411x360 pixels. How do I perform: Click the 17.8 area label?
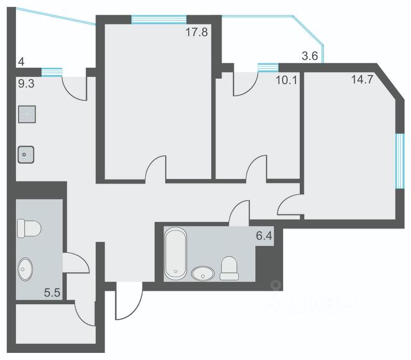coord(197,32)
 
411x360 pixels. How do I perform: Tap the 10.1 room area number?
coord(286,80)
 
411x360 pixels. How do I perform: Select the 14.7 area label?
coord(362,80)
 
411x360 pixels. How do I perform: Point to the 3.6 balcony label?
coord(310,56)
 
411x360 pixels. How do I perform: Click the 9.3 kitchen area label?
coord(26,84)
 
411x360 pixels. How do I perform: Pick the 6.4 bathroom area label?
coord(264,236)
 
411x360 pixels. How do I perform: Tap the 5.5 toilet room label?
coord(52,293)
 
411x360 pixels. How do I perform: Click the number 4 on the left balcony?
coord(21,62)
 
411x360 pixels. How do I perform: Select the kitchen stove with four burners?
coord(27,114)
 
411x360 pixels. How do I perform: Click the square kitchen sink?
coord(26,155)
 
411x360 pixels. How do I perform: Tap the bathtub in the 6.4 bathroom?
coord(175,253)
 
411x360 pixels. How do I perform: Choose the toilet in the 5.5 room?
coord(29,228)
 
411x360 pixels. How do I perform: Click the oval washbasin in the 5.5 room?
coord(25,270)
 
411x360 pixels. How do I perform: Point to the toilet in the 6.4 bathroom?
coord(229,268)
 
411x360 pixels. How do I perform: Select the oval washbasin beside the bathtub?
coord(203,273)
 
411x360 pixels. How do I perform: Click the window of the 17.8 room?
coord(159,20)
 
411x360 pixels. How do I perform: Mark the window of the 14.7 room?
coord(399,161)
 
